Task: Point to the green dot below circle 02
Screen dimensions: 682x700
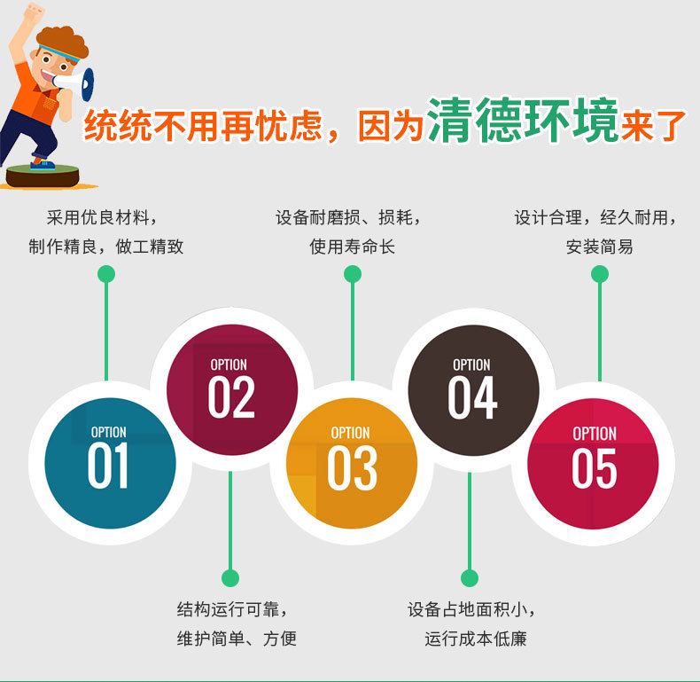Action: coord(230,578)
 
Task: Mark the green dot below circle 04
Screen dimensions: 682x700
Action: coord(470,578)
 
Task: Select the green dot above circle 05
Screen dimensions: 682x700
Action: coord(600,274)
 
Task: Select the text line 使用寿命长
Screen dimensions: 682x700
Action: coord(352,247)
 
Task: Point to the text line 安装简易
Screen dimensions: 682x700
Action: coord(599,247)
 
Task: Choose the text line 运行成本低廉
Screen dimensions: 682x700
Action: coord(476,639)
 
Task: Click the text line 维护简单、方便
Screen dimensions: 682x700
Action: coord(237,639)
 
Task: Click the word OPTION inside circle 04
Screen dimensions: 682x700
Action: coord(471,365)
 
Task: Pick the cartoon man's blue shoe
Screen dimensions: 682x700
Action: coord(42,164)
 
